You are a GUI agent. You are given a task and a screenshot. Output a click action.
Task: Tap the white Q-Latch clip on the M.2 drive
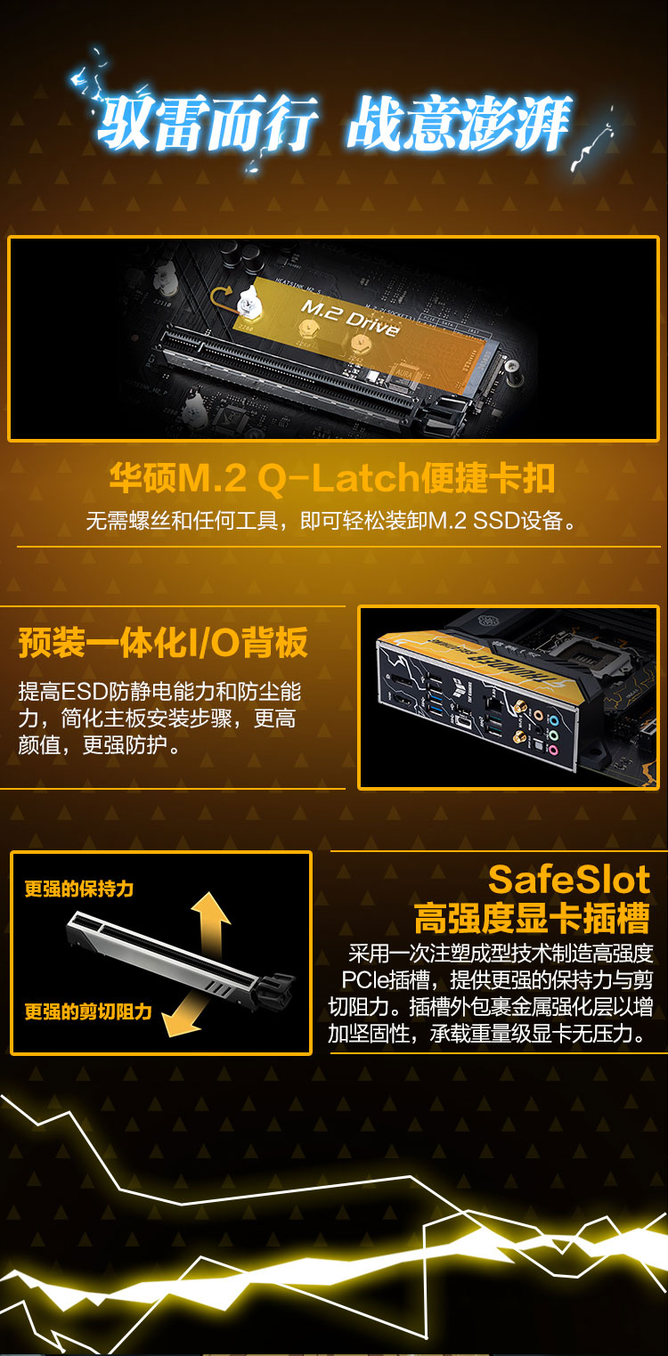click(248, 302)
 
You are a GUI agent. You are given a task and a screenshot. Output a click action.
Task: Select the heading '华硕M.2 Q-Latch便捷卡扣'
click(332, 478)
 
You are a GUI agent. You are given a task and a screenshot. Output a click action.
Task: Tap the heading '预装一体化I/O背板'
click(164, 642)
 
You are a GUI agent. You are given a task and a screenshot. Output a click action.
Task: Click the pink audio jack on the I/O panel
click(551, 751)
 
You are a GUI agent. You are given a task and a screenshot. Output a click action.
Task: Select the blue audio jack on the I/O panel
click(553, 719)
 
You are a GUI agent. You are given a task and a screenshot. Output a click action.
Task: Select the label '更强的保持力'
click(78, 889)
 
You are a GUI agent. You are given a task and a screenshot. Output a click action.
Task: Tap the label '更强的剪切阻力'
click(88, 1011)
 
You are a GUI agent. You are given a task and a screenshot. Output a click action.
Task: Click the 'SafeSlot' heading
click(568, 879)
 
